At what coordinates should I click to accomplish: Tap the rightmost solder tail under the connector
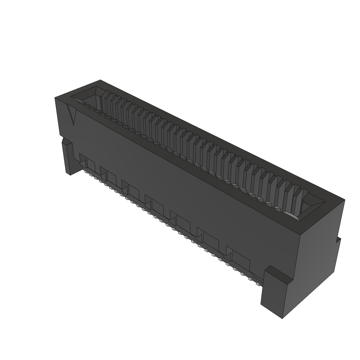[x=250, y=279]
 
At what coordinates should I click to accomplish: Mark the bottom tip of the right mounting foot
[x=283, y=317]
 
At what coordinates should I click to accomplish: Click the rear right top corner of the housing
[x=344, y=200]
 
